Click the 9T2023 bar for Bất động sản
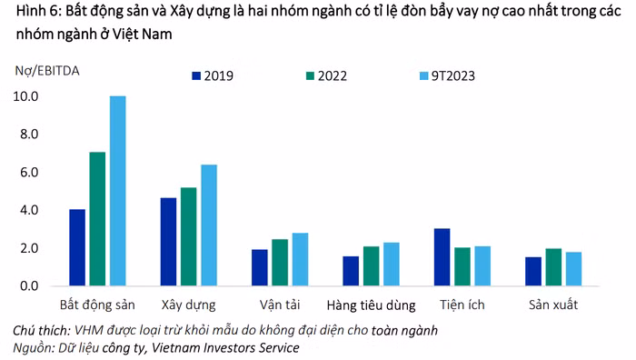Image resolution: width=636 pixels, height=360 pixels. tap(117, 191)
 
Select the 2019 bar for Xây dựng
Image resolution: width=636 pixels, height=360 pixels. tap(168, 242)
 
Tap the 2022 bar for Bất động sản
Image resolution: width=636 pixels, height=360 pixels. tap(97, 219)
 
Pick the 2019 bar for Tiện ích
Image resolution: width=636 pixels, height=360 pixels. tap(442, 257)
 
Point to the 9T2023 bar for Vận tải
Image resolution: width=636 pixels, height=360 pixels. tap(300, 260)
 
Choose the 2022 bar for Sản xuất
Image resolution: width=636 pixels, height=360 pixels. tap(552, 267)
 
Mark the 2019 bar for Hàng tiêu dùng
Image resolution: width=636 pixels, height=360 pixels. tap(351, 271)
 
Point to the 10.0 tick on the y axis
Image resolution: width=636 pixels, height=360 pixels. tap(25, 96)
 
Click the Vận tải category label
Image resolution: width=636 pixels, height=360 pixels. tap(280, 304)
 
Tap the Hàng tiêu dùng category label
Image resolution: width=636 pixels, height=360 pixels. tap(371, 304)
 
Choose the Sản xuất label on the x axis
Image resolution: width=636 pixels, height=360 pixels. tap(552, 304)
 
